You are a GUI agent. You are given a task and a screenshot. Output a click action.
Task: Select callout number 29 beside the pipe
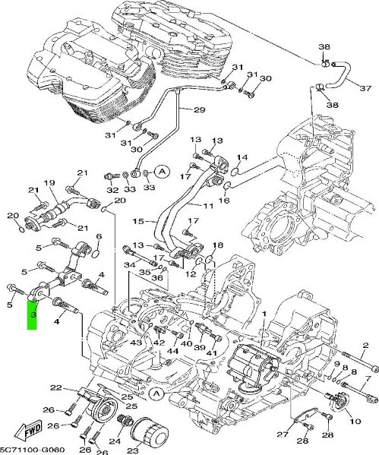pos(199,111)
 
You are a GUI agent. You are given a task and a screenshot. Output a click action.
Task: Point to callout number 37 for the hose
pos(365,89)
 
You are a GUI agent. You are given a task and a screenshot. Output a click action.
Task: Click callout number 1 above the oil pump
pos(264,313)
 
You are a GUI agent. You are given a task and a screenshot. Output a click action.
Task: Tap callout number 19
pos(50,183)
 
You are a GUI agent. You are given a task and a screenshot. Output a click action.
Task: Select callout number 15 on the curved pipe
pos(138,222)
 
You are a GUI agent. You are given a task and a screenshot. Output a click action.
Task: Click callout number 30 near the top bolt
pos(265,78)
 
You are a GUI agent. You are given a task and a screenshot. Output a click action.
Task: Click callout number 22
pos(55,389)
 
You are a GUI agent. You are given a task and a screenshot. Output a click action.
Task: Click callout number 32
pos(112,188)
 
